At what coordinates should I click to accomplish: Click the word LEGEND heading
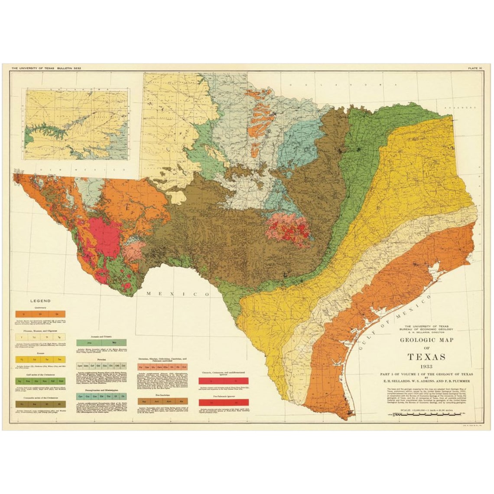[40, 301]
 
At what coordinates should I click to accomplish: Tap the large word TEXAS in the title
[426, 357]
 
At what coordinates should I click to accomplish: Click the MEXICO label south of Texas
[173, 294]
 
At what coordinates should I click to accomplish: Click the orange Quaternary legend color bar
[40, 313]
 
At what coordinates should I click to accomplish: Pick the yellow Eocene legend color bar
[40, 360]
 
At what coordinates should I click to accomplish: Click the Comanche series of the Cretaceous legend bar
[40, 404]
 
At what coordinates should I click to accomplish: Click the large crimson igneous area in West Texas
[103, 237]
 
